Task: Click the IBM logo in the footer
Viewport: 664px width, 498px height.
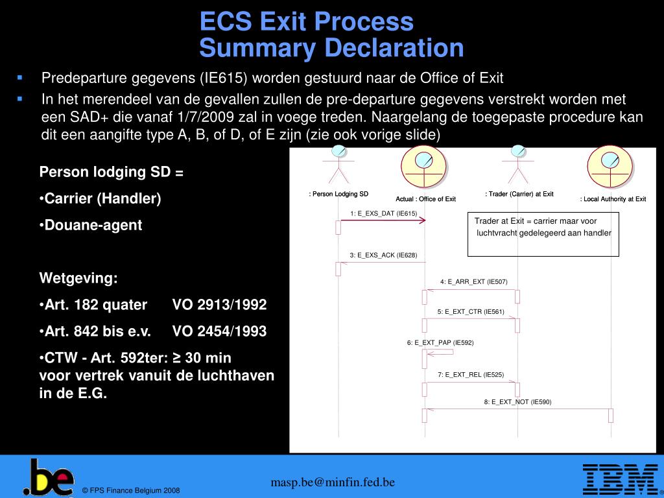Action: pyautogui.click(x=619, y=479)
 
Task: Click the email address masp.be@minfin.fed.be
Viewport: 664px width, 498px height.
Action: pyautogui.click(x=333, y=482)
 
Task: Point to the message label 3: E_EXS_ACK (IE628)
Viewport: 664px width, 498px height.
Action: pyautogui.click(x=383, y=255)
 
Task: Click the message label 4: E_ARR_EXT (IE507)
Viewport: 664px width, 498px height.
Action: pyautogui.click(x=473, y=281)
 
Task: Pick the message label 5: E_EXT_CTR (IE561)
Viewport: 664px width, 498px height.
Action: pyautogui.click(x=470, y=311)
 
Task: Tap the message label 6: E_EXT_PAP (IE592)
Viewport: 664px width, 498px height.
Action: pyautogui.click(x=440, y=342)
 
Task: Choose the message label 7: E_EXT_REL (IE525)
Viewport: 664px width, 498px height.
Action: pyautogui.click(x=470, y=374)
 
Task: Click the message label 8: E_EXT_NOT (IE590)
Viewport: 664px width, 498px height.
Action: pyautogui.click(x=517, y=402)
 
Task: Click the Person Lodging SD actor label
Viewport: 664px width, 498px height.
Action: pyautogui.click(x=338, y=194)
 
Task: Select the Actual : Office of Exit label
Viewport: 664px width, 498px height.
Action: pyautogui.click(x=425, y=199)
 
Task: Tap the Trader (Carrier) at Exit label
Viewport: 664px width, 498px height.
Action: pyautogui.click(x=519, y=194)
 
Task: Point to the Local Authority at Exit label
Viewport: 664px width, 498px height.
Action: pyautogui.click(x=613, y=199)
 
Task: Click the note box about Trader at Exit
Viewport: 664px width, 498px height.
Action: pyautogui.click(x=543, y=233)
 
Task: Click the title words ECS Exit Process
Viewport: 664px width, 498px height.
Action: pyautogui.click(x=306, y=22)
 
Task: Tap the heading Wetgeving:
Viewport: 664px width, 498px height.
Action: pyautogui.click(x=78, y=279)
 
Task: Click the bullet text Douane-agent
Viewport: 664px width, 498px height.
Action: pyautogui.click(x=93, y=225)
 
